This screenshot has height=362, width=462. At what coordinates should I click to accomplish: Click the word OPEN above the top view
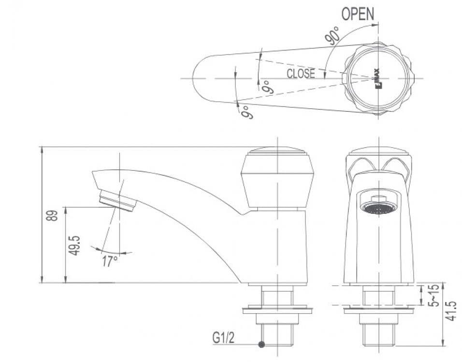[358, 14]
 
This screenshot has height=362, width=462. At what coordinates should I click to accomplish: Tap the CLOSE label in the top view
[300, 74]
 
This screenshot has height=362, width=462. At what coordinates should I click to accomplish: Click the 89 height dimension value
[54, 215]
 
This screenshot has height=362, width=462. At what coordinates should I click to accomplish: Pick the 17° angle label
[110, 262]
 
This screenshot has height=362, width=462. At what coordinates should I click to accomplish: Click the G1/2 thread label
[224, 337]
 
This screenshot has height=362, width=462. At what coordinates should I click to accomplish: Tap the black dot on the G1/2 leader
[261, 345]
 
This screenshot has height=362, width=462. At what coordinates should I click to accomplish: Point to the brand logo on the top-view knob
[377, 77]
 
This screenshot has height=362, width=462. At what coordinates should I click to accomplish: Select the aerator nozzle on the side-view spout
[117, 200]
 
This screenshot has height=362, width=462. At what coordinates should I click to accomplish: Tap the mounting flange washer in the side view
[277, 308]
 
